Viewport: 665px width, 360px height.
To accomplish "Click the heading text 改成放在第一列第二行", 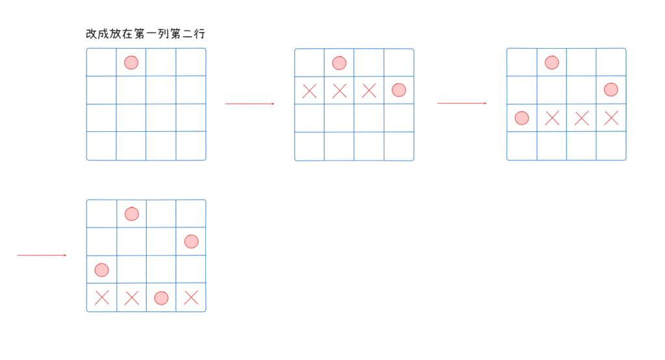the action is (x=145, y=34).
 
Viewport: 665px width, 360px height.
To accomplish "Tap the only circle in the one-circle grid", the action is (x=131, y=62).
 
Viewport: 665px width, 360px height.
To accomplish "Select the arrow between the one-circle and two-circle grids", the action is (x=250, y=103).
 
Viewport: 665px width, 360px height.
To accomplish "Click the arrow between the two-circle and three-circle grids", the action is (x=462, y=103).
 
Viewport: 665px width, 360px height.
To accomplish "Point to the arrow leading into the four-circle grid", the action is (x=42, y=255).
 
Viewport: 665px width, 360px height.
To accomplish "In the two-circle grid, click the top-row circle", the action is (x=339, y=63).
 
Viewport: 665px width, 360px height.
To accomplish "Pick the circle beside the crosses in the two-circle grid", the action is (x=399, y=90).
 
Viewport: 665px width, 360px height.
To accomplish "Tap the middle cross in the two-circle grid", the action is (x=339, y=91).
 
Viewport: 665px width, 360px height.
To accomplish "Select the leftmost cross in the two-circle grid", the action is (x=310, y=91).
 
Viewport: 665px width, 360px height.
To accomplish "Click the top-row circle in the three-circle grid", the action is (x=551, y=62).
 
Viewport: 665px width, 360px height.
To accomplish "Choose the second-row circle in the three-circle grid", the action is (x=611, y=90).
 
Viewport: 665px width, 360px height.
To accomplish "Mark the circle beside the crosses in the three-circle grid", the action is (x=521, y=118).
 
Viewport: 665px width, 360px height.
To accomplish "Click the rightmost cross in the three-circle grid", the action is (x=611, y=118).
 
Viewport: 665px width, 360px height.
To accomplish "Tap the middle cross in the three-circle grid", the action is (x=582, y=118).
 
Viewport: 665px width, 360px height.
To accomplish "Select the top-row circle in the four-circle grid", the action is (x=132, y=214).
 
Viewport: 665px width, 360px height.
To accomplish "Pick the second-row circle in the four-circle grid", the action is (x=191, y=242).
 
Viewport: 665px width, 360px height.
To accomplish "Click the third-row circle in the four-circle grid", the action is (x=101, y=269).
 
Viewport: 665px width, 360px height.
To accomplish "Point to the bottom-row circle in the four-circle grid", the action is (x=161, y=298).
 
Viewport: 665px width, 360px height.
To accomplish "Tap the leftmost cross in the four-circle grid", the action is (x=101, y=298).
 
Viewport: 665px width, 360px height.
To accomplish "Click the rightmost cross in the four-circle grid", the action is (x=191, y=298).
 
